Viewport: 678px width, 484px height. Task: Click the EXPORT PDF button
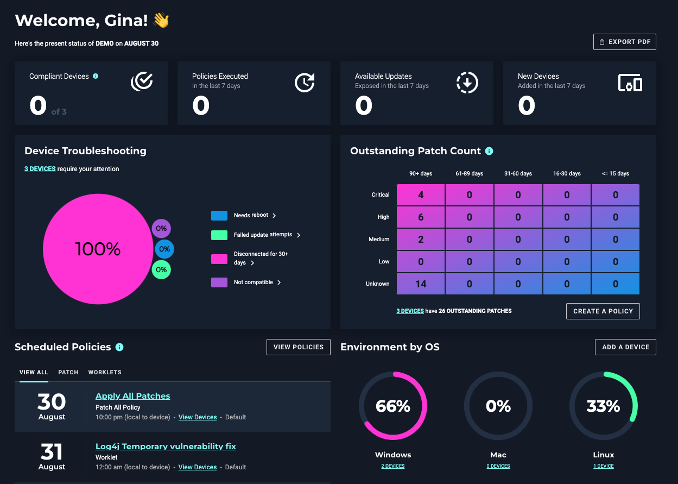pos(624,42)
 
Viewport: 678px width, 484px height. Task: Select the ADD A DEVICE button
pos(625,347)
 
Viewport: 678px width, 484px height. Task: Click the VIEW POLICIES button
pos(298,347)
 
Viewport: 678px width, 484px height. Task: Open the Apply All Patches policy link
pos(132,396)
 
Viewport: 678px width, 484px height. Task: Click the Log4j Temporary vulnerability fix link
pos(166,447)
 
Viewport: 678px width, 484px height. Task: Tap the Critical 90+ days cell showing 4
pos(421,195)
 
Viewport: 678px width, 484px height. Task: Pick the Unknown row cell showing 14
pos(421,284)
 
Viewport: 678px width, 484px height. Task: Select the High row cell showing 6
pos(421,217)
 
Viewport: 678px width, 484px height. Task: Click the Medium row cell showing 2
pos(421,240)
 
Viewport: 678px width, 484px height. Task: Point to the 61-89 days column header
pos(470,174)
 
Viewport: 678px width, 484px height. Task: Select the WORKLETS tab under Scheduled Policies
pos(105,373)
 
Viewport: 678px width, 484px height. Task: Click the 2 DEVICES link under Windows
pos(393,466)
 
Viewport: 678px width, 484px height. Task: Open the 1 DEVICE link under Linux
pos(604,466)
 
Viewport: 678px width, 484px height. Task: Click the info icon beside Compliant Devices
pos(96,77)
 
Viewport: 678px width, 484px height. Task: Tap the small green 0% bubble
pos(161,269)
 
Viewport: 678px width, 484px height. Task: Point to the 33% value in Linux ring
pos(603,406)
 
